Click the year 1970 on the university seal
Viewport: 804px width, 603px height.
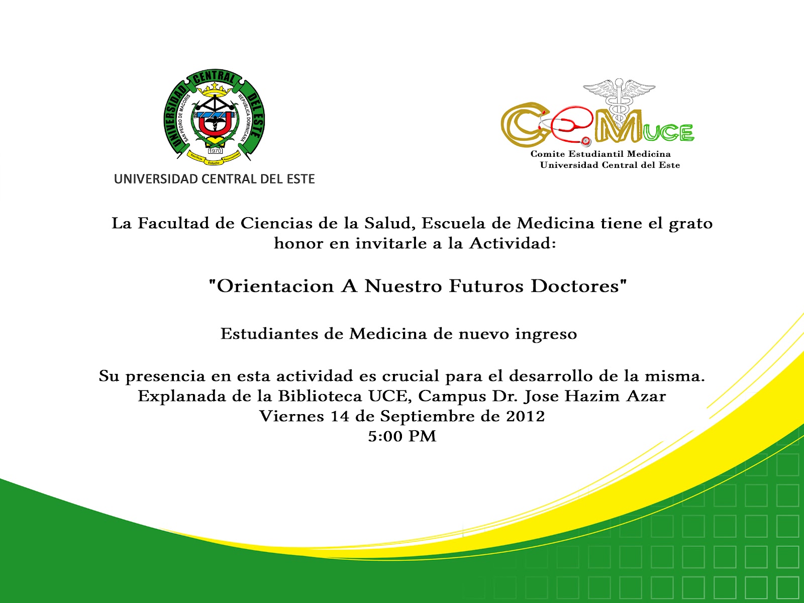click(215, 150)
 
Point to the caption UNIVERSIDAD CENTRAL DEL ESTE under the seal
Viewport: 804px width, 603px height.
click(214, 179)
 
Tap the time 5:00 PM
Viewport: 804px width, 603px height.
click(402, 436)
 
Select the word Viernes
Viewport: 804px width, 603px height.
click(291, 416)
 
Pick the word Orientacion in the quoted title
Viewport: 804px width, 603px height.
click(275, 286)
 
